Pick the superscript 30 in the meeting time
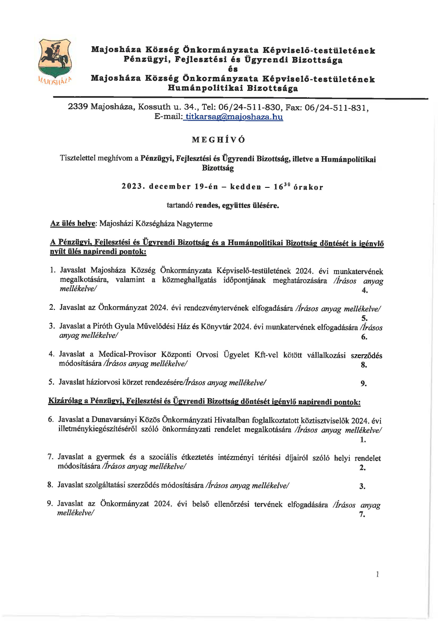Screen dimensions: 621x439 [x=287, y=185]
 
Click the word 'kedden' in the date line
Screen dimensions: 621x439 [x=246, y=187]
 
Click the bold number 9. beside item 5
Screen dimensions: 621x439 [x=364, y=384]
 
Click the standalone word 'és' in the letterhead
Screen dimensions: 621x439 [x=233, y=69]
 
